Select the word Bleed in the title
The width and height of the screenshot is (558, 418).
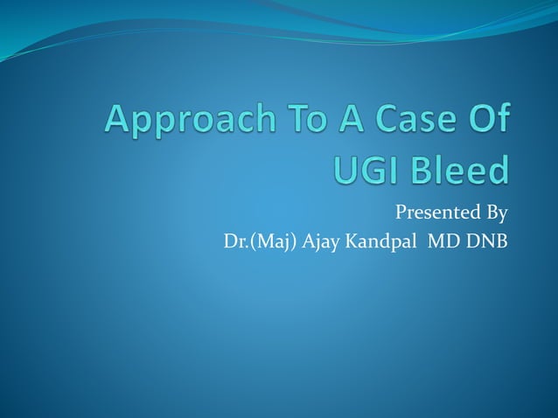461,169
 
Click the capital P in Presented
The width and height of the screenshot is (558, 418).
401,212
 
